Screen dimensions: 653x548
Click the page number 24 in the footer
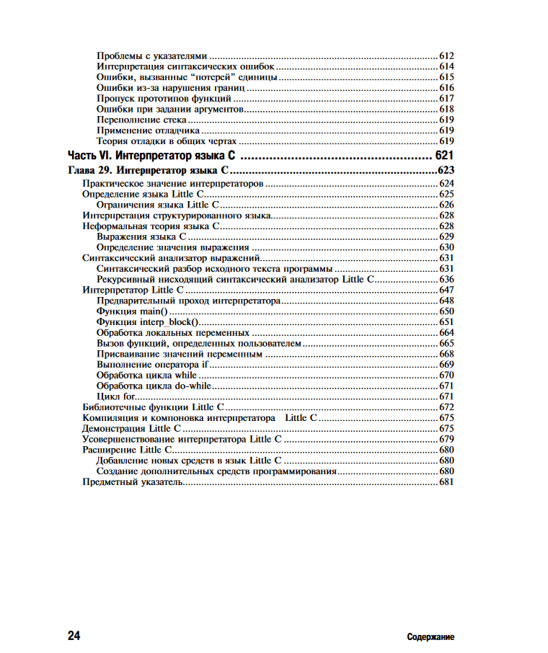(74, 636)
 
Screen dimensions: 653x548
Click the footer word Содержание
(430, 637)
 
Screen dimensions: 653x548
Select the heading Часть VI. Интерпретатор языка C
(154, 156)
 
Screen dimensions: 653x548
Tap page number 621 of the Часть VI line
(444, 156)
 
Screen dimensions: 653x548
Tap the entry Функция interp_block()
(147, 321)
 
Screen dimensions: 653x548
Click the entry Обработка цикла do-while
(154, 386)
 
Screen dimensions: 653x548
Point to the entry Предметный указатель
(133, 481)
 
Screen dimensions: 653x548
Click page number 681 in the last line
(446, 481)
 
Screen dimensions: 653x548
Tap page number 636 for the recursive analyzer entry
(446, 279)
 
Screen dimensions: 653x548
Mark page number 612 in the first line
(446, 55)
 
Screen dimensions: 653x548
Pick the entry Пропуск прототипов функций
(164, 98)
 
